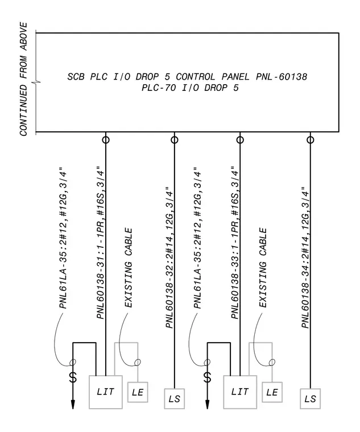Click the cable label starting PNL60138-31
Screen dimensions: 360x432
click(101, 243)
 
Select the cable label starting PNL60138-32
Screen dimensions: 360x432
click(169, 257)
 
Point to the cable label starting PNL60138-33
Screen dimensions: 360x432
click(235, 243)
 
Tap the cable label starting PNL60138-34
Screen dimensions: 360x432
click(305, 257)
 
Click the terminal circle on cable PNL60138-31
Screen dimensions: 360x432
click(106, 140)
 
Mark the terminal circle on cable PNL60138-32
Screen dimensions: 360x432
click(174, 140)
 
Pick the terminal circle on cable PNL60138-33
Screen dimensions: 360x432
click(240, 140)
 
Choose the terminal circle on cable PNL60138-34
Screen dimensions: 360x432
click(311, 140)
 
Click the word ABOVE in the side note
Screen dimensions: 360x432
click(24, 36)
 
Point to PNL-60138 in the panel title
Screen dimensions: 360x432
click(282, 77)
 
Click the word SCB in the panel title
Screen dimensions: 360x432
click(76, 77)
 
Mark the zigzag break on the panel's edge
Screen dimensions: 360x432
click(36, 82)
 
